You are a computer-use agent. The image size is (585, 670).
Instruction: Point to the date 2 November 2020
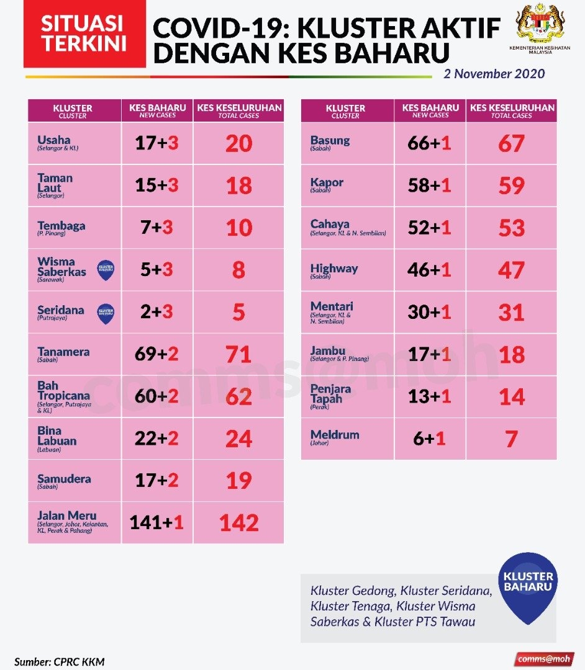[494, 74]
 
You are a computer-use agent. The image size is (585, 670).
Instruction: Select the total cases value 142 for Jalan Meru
[239, 523]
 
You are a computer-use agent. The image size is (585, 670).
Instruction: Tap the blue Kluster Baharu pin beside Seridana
[106, 313]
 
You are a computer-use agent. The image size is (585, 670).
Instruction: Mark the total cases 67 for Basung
[512, 143]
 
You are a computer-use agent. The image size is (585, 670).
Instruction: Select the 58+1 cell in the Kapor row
[430, 185]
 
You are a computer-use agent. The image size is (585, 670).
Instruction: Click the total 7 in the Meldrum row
[512, 439]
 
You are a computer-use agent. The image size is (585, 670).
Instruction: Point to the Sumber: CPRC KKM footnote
[55, 661]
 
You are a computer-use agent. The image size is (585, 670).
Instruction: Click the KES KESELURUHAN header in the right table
[512, 110]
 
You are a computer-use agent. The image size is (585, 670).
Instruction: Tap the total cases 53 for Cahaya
[512, 228]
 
